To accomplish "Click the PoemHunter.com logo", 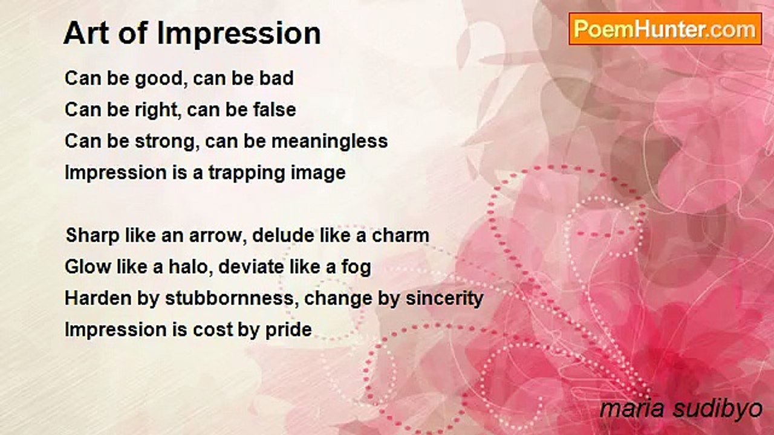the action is pyautogui.click(x=665, y=29).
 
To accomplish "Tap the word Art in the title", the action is pyautogui.click(x=86, y=33).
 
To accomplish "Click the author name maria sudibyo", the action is pyautogui.click(x=681, y=410).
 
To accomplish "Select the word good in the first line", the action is pyautogui.click(x=158, y=79).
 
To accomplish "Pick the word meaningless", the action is pyautogui.click(x=330, y=142).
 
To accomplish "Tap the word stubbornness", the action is pyautogui.click(x=229, y=298).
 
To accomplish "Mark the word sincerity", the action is pyautogui.click(x=444, y=299).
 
